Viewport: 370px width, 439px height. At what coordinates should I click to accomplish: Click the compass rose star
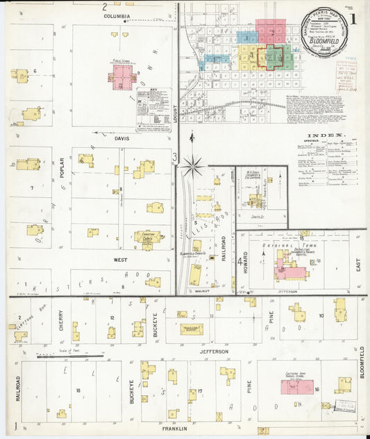pyautogui.click(x=193, y=165)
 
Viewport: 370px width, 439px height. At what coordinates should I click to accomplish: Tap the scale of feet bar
pyautogui.click(x=69, y=358)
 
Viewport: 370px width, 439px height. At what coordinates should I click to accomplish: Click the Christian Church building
pyautogui.click(x=148, y=238)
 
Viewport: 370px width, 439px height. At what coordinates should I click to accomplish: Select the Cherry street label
pyautogui.click(x=61, y=320)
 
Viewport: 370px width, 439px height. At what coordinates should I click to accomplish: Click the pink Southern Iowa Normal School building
pyautogui.click(x=296, y=386)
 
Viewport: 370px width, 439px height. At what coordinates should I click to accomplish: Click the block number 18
pyautogui.click(x=78, y=391)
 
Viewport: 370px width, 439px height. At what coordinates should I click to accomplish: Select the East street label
pyautogui.click(x=358, y=260)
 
